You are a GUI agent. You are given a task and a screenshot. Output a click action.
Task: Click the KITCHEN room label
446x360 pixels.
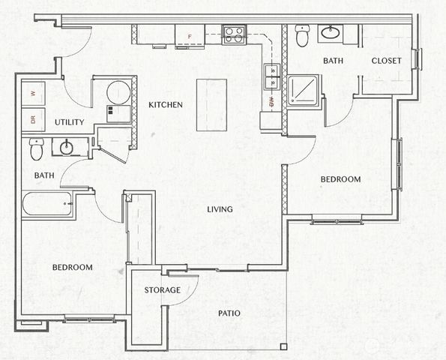tap(165, 105)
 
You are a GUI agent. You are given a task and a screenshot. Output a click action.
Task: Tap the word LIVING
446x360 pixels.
tap(220, 209)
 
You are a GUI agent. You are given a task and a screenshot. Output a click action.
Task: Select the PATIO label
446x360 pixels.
tap(229, 313)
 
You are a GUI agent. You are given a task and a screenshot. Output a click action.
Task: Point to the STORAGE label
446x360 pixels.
tap(163, 290)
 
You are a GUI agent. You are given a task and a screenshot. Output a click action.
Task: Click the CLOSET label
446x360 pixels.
tap(386, 61)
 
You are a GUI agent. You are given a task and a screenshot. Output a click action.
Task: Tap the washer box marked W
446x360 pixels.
tap(34, 94)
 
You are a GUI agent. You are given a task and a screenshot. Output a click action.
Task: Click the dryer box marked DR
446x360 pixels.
tap(34, 118)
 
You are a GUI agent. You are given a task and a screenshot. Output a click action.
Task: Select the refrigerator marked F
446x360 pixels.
tap(190, 35)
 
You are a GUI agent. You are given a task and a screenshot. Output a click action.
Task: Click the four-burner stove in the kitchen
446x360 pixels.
tap(235, 34)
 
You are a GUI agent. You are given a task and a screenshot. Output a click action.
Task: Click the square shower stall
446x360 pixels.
tap(304, 90)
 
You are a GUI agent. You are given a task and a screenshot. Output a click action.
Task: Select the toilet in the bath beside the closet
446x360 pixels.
tap(302, 35)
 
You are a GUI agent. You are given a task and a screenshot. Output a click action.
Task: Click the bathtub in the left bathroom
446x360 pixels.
tap(47, 205)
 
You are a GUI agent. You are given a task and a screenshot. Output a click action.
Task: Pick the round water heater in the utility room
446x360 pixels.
tap(118, 93)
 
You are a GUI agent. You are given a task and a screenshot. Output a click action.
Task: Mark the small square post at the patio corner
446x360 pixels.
tap(283, 346)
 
